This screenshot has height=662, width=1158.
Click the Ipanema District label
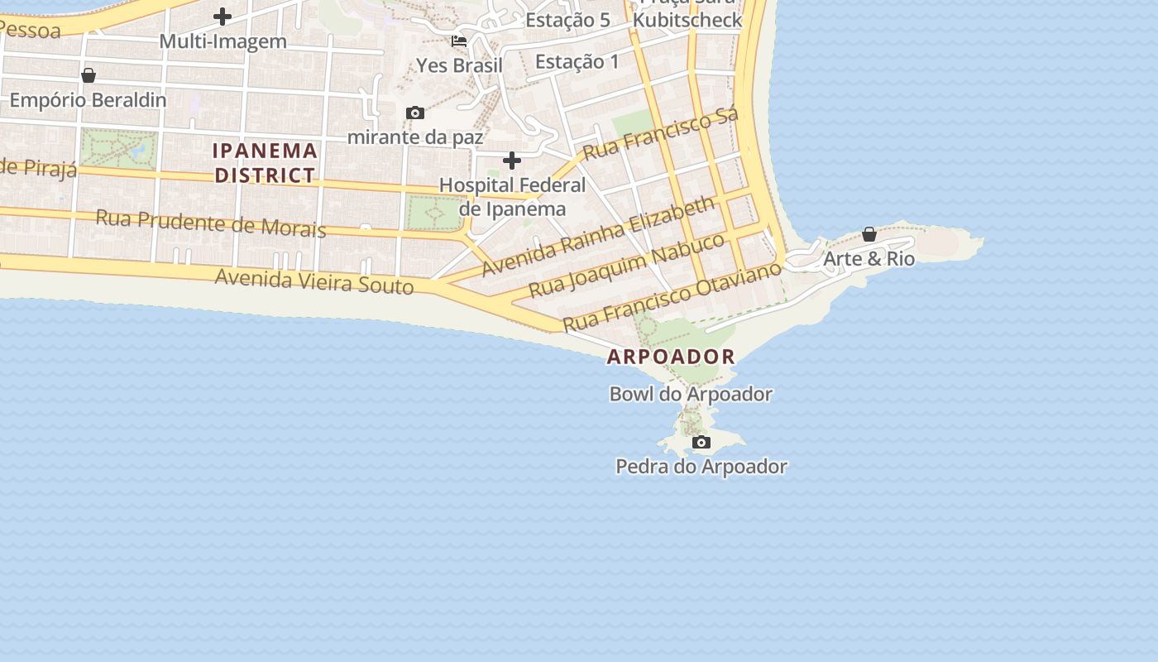(x=266, y=163)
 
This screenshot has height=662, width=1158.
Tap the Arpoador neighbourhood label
(x=671, y=357)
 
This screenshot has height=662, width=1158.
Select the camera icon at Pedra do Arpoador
(x=701, y=443)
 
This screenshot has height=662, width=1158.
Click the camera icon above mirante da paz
(x=415, y=113)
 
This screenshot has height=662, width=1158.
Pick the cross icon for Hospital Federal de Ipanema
(x=512, y=160)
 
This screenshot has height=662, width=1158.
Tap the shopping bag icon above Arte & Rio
(x=869, y=234)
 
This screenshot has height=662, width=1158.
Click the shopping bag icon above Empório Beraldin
(x=89, y=75)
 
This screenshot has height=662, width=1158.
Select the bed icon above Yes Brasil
(x=459, y=41)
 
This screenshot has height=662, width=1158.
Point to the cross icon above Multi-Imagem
(x=223, y=16)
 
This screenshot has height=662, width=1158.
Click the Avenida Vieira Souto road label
(x=314, y=281)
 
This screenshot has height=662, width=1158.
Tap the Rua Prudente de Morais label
(x=211, y=223)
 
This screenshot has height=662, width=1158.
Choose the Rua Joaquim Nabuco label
(x=627, y=265)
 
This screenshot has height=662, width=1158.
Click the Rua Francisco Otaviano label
(x=672, y=296)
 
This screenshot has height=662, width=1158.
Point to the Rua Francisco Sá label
(x=660, y=135)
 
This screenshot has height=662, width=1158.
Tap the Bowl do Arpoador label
(x=691, y=394)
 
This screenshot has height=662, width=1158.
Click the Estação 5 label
(x=567, y=21)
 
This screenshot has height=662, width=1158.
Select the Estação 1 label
(x=577, y=61)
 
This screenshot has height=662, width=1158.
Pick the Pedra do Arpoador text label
(x=701, y=467)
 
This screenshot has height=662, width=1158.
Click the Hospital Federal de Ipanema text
(x=512, y=197)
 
